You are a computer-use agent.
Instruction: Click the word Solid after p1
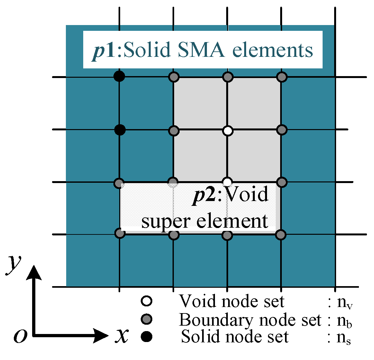click(x=147, y=50)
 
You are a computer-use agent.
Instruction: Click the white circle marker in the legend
click(x=147, y=301)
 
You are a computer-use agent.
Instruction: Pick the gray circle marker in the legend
click(x=147, y=319)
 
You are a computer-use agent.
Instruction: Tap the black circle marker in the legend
click(x=147, y=337)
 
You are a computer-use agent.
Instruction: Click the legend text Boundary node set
click(x=250, y=320)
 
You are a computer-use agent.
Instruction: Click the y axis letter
click(x=13, y=264)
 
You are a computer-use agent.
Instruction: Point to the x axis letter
click(x=122, y=336)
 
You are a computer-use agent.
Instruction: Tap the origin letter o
click(x=20, y=336)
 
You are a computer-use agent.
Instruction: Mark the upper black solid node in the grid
click(x=119, y=77)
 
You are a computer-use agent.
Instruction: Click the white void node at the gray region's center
click(x=227, y=131)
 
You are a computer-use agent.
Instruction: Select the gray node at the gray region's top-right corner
click(x=281, y=77)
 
